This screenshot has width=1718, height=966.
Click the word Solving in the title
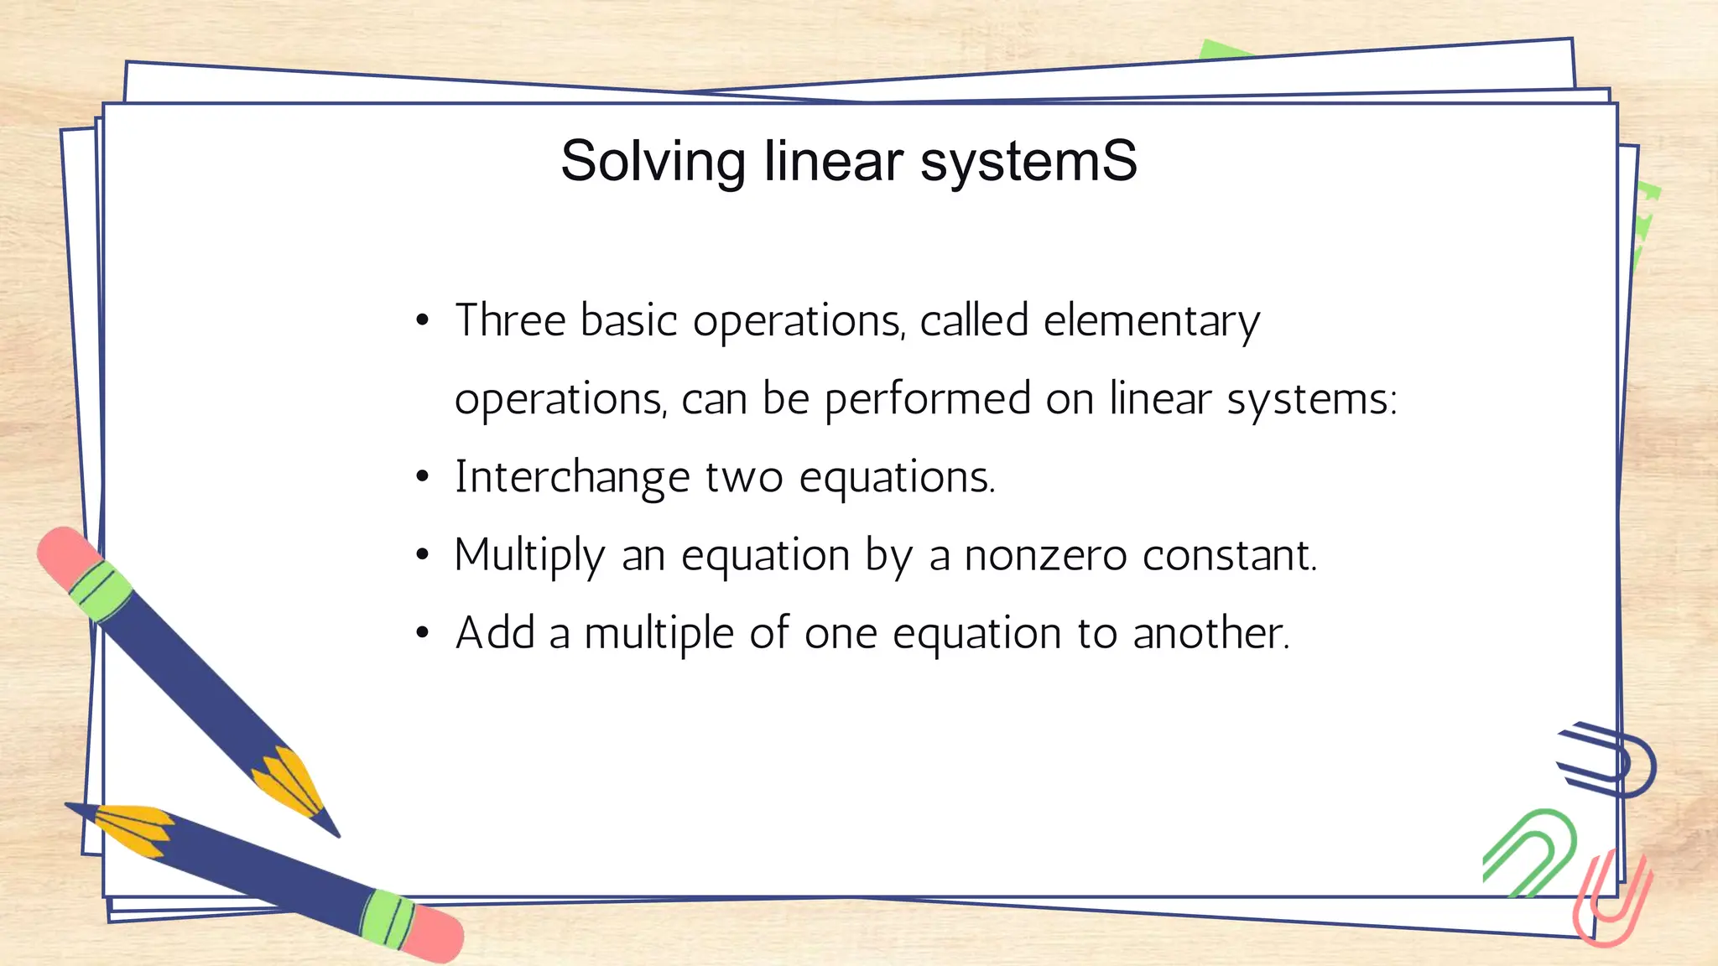tap(653, 161)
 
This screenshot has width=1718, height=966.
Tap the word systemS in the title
tap(1028, 161)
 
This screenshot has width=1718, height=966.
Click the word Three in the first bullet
tap(510, 320)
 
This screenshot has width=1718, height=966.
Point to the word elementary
tap(1151, 322)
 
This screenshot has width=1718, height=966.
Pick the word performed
tap(928, 399)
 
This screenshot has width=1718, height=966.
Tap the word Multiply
tap(529, 556)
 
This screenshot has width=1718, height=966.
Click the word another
tap(1210, 633)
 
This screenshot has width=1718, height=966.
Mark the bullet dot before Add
tap(423, 634)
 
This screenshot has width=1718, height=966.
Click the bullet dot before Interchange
tap(423, 477)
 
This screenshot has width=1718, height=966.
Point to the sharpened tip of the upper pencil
tap(333, 830)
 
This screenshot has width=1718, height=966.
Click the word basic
tap(629, 320)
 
